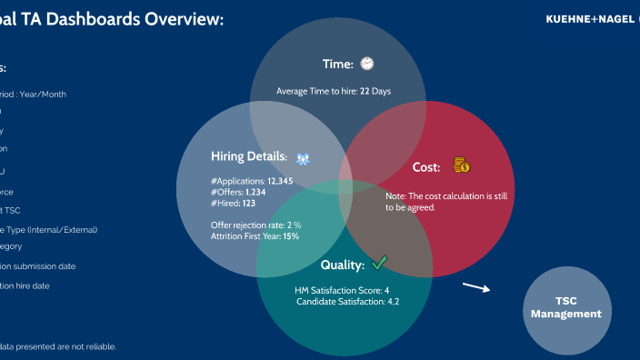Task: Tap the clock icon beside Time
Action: (x=366, y=64)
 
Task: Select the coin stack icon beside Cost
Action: (x=462, y=165)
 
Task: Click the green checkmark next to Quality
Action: (x=379, y=264)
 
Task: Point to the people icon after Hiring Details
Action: (x=304, y=157)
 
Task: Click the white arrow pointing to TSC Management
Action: (x=475, y=288)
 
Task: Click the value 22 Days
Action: (x=375, y=91)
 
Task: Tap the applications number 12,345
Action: (x=280, y=181)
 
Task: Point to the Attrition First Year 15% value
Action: (x=291, y=236)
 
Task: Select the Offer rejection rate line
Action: (x=255, y=225)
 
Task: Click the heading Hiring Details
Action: (x=248, y=157)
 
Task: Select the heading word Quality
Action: (x=342, y=265)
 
